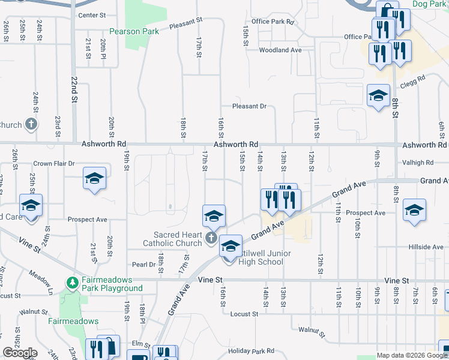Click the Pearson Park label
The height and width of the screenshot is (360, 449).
pyautogui.click(x=134, y=31)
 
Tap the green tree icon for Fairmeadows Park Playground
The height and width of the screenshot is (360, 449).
pyautogui.click(x=72, y=282)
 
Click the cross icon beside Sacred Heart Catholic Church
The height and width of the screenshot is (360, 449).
pyautogui.click(x=210, y=239)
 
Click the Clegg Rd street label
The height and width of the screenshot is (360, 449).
pyautogui.click(x=413, y=79)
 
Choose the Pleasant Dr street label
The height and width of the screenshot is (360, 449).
pyautogui.click(x=249, y=106)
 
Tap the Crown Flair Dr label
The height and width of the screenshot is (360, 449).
pyautogui.click(x=53, y=163)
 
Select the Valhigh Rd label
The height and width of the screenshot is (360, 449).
pyautogui.click(x=418, y=163)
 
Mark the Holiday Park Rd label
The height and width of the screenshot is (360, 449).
pyautogui.click(x=251, y=351)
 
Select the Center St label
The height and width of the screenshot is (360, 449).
pyautogui.click(x=91, y=15)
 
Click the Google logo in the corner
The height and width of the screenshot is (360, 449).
pyautogui.click(x=20, y=353)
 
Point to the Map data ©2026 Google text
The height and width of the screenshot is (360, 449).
pyautogui.click(x=411, y=355)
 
